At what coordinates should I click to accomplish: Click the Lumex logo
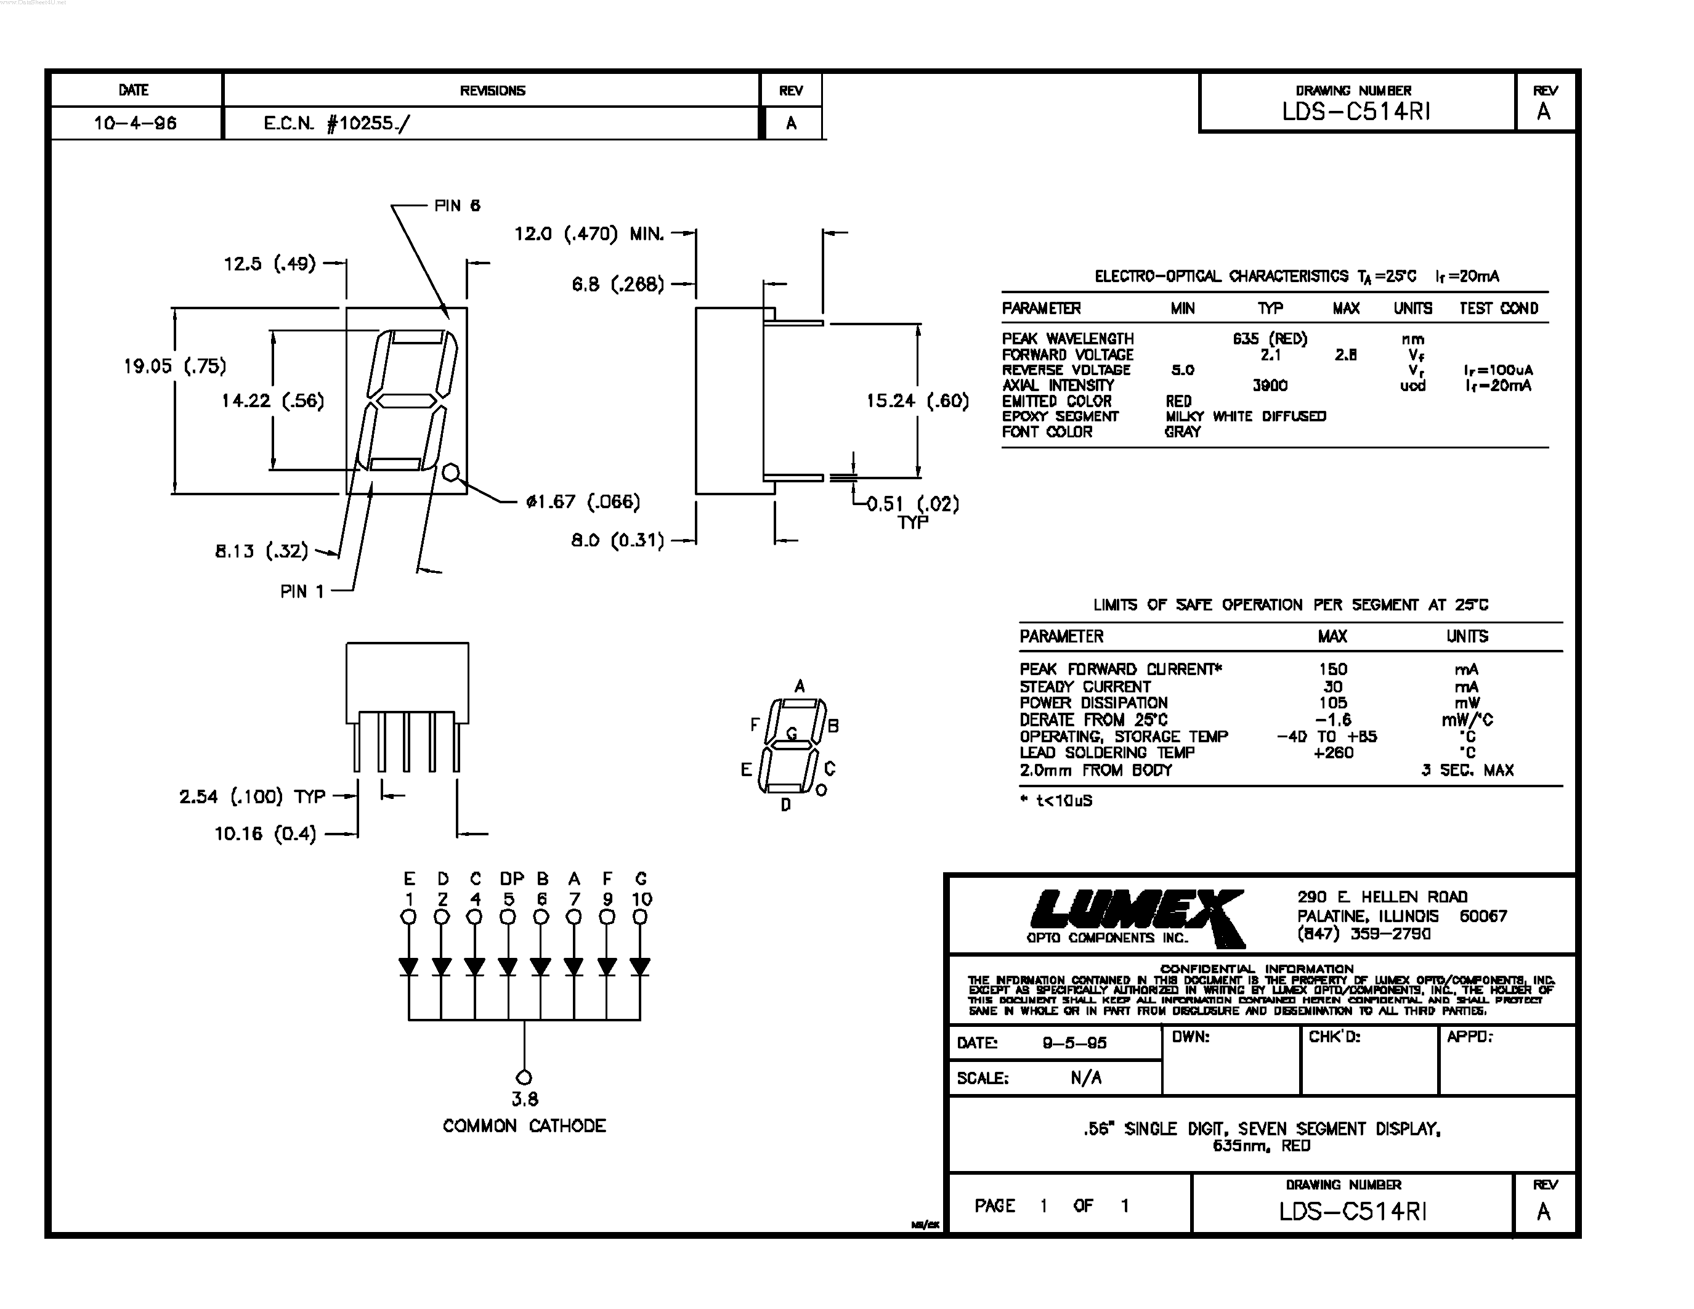click(1137, 917)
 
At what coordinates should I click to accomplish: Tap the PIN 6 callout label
click(457, 206)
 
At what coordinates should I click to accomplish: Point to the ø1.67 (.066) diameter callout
click(583, 501)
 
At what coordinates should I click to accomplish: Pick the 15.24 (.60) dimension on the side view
click(918, 401)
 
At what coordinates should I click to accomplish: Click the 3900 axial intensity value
click(1270, 386)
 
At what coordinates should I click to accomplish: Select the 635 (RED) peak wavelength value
click(1270, 339)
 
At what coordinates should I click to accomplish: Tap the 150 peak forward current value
click(1332, 669)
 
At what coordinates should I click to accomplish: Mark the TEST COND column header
click(1499, 309)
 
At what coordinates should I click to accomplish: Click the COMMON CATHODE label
click(524, 1126)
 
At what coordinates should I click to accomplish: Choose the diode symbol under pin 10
click(640, 967)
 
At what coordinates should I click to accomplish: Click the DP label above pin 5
click(511, 878)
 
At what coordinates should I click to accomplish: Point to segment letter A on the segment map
click(800, 686)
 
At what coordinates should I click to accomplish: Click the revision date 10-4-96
click(135, 123)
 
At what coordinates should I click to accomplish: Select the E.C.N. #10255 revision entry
click(336, 123)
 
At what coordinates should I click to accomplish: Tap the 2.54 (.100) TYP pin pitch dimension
click(252, 796)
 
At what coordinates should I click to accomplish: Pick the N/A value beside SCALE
click(1085, 1078)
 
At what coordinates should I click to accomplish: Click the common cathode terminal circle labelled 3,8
click(524, 1077)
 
